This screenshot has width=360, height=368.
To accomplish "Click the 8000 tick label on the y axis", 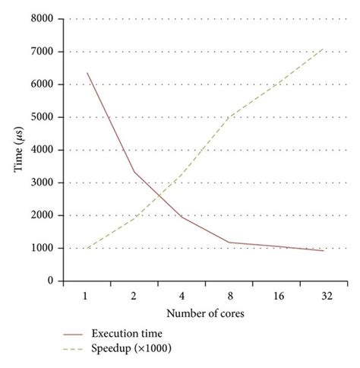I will coord(43,19).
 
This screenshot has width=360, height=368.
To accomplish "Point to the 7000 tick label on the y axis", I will coord(43,52).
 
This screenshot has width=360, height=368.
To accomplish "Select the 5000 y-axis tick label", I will coord(43,117).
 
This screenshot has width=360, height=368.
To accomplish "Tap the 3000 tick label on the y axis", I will coord(43,182).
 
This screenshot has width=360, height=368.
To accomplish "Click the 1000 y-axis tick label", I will coord(43,248).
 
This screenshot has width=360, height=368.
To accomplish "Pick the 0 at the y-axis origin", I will coord(50,281).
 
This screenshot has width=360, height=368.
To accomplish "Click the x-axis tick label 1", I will coord(87,295).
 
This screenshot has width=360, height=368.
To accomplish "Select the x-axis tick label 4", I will coord(182,295).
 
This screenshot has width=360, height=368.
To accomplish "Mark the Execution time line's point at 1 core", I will coord(87,73).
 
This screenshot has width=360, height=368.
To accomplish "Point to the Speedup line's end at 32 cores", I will coord(324,49).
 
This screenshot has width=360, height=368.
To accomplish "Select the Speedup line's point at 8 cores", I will coord(229,117).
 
